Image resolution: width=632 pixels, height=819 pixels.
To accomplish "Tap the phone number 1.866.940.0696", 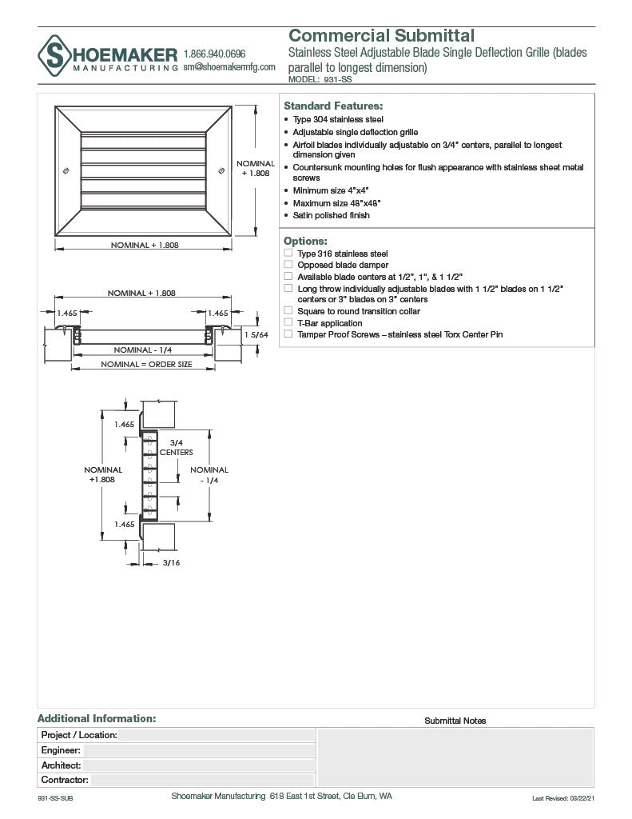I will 214,54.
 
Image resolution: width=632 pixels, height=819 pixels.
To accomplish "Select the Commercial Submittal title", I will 381,35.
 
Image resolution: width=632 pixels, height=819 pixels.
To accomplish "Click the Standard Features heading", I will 333,106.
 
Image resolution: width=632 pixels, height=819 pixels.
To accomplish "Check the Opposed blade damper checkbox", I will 288,265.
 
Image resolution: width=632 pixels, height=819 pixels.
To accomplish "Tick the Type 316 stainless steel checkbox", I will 288,254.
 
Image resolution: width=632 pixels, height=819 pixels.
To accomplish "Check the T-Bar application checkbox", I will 288,323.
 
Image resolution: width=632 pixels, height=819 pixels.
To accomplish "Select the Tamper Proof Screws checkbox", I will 288,334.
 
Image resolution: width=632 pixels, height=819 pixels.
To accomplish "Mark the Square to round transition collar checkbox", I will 288,311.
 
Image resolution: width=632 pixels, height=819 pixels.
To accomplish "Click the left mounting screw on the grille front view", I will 65,170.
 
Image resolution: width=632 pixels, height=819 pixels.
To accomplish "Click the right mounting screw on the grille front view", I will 221,170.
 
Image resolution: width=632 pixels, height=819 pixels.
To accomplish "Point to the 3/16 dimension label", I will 171,563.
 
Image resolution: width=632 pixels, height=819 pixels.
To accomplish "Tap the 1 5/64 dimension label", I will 256,334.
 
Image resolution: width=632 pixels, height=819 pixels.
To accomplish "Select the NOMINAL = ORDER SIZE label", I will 146,365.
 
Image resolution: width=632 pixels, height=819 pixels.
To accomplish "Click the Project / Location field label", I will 79,735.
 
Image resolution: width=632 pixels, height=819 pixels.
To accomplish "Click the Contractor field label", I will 65,780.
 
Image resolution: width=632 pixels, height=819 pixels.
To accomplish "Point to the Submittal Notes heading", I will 455,721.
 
